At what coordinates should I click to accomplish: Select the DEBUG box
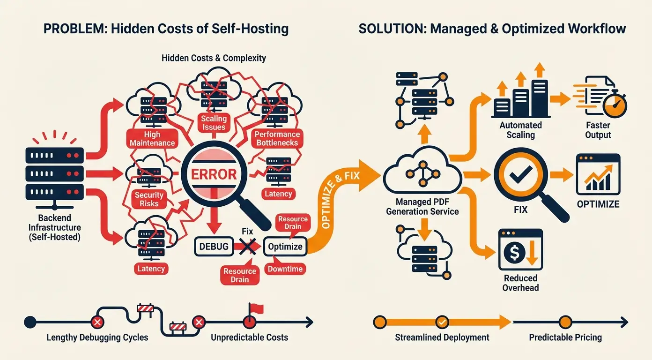click(214, 247)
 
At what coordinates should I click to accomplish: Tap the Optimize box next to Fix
click(285, 247)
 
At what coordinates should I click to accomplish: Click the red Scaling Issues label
click(214, 123)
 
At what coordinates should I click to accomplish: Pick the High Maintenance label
click(152, 139)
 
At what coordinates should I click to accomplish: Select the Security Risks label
click(149, 199)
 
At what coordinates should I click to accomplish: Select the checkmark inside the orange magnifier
click(518, 176)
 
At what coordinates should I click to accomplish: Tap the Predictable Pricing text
click(565, 337)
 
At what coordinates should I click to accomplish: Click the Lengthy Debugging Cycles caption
click(97, 337)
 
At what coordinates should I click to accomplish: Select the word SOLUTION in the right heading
click(391, 29)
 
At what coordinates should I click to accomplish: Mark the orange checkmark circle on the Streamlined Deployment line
click(442, 322)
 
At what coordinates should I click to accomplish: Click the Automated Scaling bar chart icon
click(520, 98)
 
